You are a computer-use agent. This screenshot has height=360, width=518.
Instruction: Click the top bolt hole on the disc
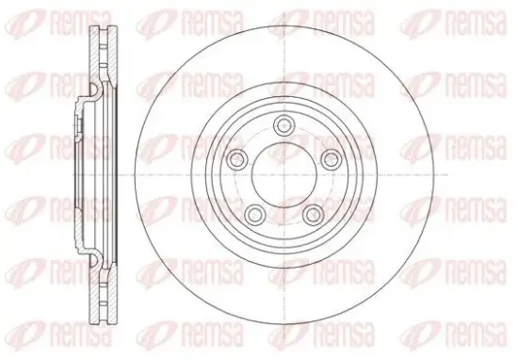click(284, 125)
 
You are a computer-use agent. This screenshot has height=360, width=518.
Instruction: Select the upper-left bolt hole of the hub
click(237, 159)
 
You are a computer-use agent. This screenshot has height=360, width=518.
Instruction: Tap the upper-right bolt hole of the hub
click(331, 159)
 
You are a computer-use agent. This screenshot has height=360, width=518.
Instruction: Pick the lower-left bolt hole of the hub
click(255, 214)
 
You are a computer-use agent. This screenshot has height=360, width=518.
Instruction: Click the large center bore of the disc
click(284, 175)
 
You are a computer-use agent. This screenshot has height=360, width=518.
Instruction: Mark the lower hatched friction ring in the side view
click(104, 292)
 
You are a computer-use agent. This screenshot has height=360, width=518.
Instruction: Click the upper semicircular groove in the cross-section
click(95, 90)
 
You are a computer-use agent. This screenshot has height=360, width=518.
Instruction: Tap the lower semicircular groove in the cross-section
click(95, 260)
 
